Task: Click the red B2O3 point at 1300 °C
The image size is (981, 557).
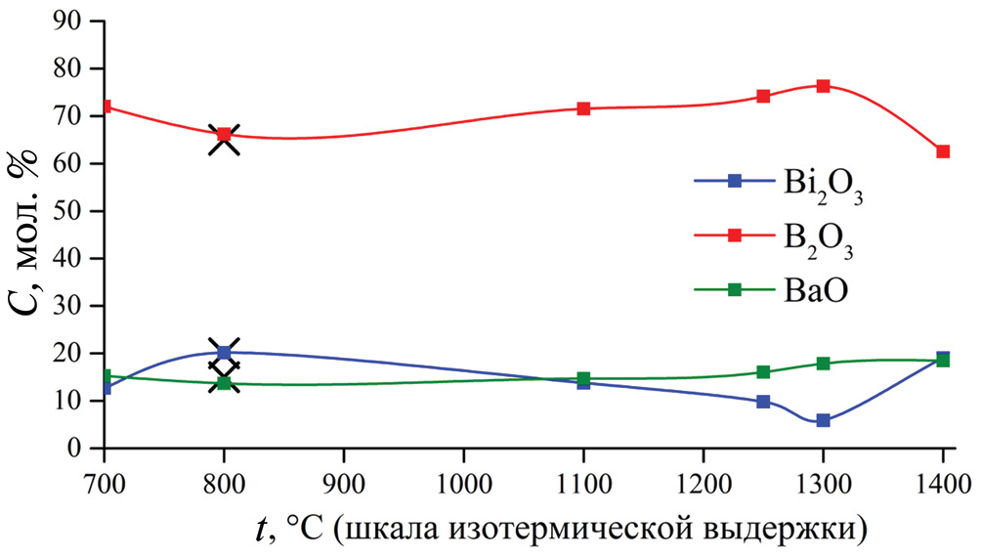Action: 823,86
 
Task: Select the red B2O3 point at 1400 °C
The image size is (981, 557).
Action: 943,151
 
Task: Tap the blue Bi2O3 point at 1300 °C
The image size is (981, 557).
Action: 823,420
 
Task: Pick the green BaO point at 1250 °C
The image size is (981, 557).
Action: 763,372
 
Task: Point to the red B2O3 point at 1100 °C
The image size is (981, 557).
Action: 583,108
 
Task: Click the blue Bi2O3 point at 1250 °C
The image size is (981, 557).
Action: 763,402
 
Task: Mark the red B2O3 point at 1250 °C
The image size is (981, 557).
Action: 763,96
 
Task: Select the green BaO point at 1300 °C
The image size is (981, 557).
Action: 823,364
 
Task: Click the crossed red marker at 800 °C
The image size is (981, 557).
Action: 224,135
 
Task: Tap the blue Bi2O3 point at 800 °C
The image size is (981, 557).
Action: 224,352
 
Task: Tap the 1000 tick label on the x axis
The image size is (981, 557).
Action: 463,481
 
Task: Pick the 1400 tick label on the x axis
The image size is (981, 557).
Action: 941,481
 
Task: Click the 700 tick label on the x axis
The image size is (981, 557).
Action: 103,481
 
